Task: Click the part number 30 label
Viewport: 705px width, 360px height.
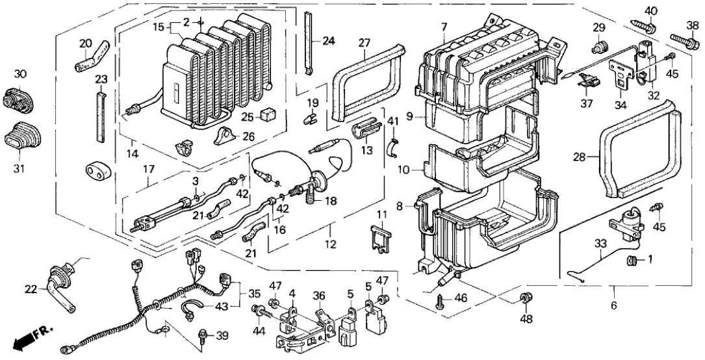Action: [x=20, y=75]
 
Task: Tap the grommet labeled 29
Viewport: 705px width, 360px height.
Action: [x=599, y=47]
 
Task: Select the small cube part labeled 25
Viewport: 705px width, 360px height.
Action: [x=266, y=115]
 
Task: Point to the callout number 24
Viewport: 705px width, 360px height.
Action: [x=329, y=41]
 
